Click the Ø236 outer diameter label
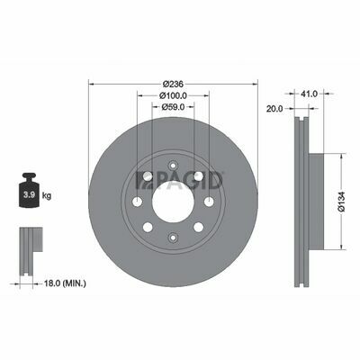173,84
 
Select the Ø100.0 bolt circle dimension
173,95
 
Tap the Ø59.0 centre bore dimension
173,106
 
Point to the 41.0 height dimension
309,94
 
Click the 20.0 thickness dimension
274,109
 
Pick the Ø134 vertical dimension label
342,202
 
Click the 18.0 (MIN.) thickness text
65,283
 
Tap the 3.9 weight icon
30,190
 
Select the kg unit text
47,196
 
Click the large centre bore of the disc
173,202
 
